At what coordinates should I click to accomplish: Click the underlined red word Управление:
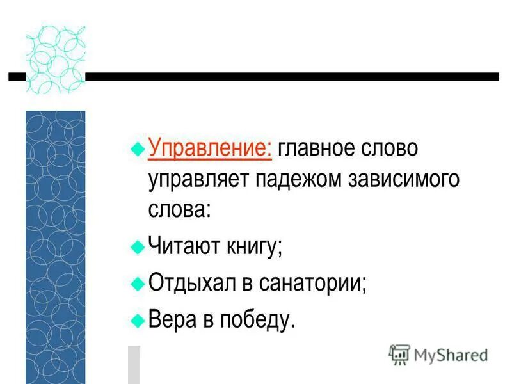click(211, 149)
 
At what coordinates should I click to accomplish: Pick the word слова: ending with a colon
click(179, 210)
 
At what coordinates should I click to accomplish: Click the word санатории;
click(313, 282)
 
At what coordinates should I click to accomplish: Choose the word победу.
click(256, 318)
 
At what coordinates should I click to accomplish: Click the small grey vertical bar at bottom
click(133, 364)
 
